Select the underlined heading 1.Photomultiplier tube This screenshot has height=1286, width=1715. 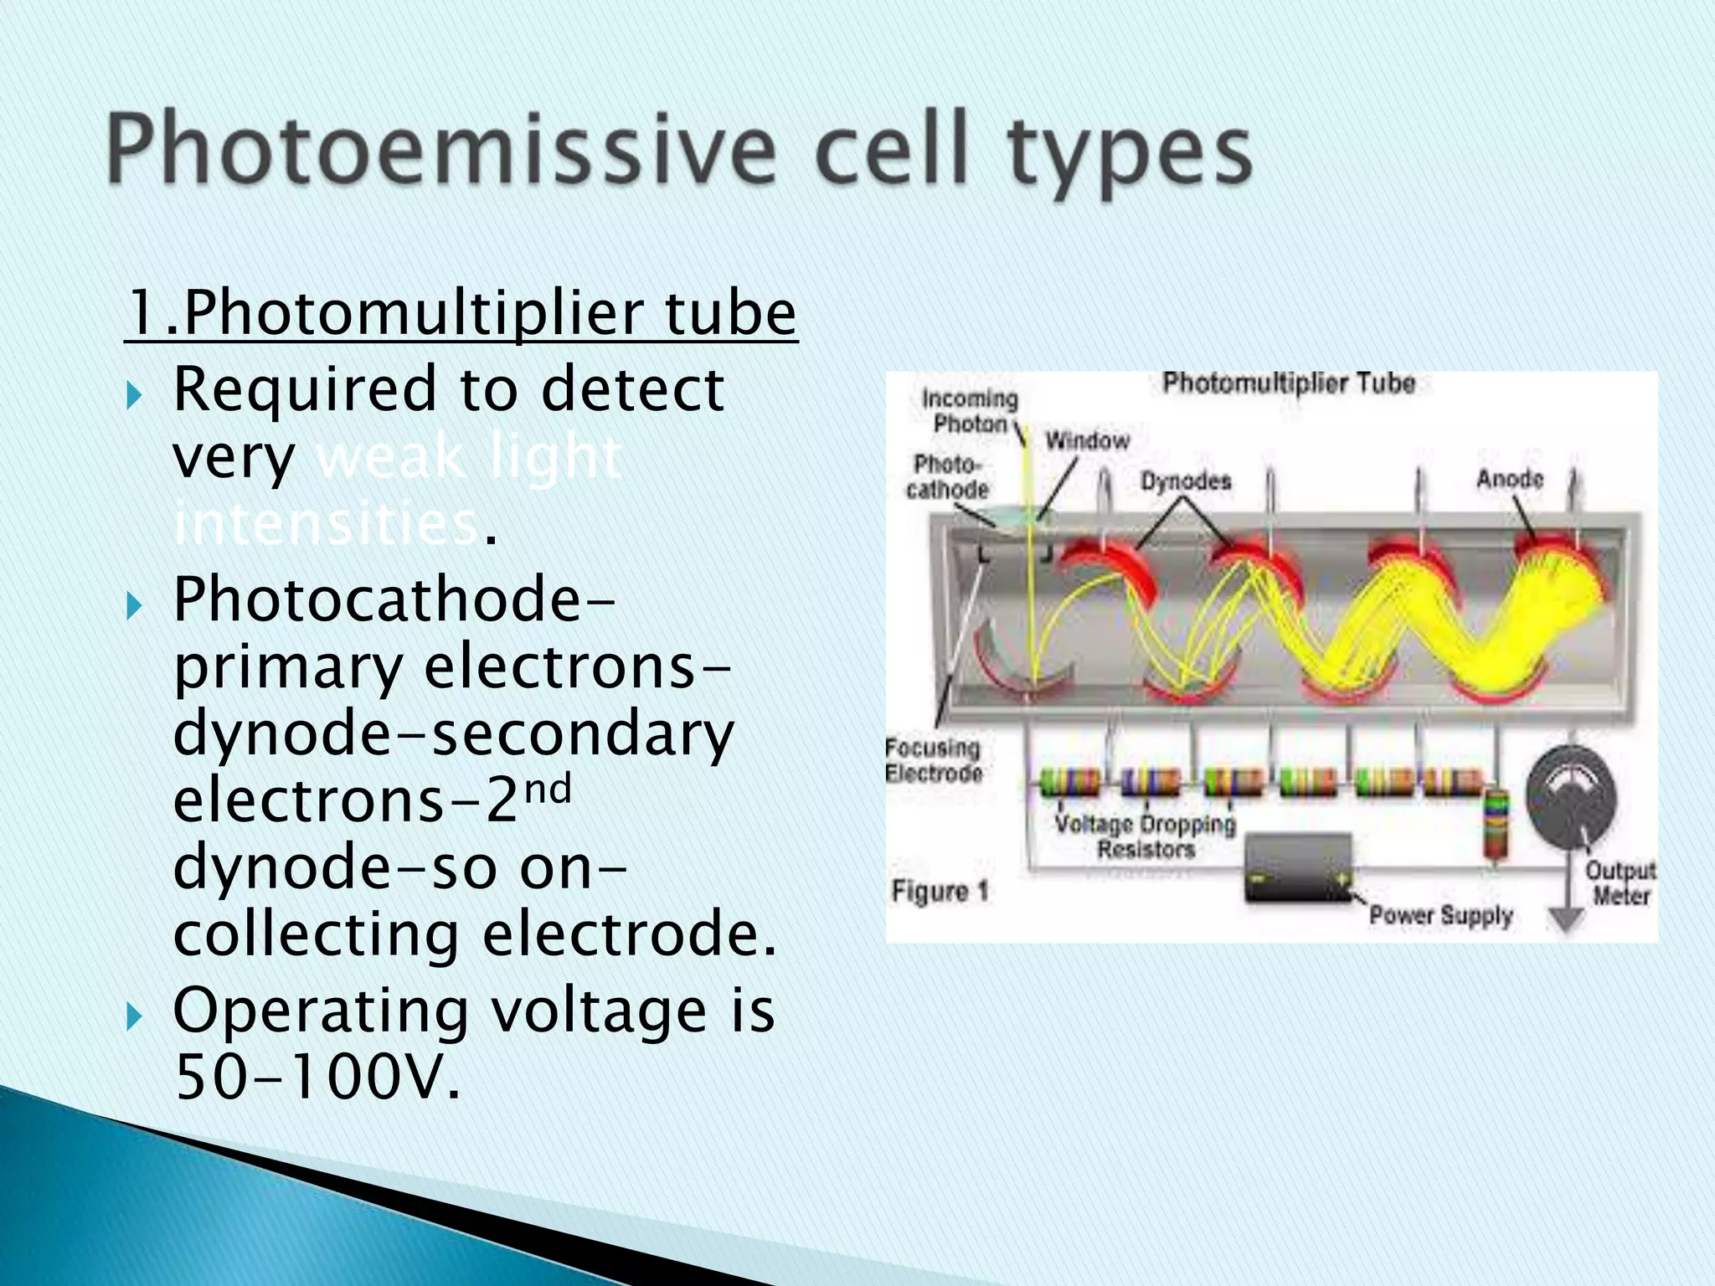(461, 313)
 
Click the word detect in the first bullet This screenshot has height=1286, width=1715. (633, 390)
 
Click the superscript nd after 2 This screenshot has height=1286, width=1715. (548, 789)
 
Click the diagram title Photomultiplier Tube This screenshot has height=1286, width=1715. (1288, 383)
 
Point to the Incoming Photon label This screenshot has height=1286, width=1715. (970, 411)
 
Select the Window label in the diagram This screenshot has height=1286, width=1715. (1087, 440)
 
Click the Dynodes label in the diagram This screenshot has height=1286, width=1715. (1186, 481)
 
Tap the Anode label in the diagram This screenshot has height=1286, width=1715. (1509, 479)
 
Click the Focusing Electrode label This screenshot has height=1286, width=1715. (933, 759)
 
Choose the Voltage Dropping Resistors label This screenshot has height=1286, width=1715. (1145, 836)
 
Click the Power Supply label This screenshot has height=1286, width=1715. (1440, 915)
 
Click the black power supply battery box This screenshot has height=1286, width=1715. (1298, 869)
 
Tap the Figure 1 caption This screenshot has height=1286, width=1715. (940, 891)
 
